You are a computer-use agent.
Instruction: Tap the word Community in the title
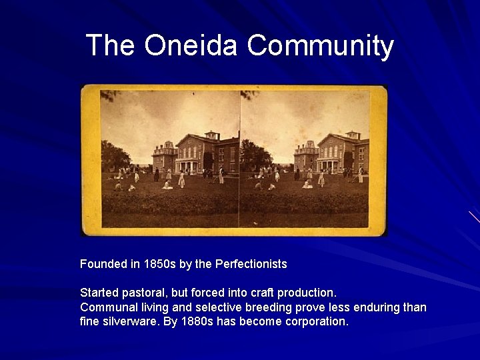tap(321, 45)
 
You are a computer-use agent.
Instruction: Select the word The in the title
tap(110, 45)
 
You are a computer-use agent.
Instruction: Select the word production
tap(305, 293)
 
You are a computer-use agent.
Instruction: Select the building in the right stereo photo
tap(333, 152)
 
